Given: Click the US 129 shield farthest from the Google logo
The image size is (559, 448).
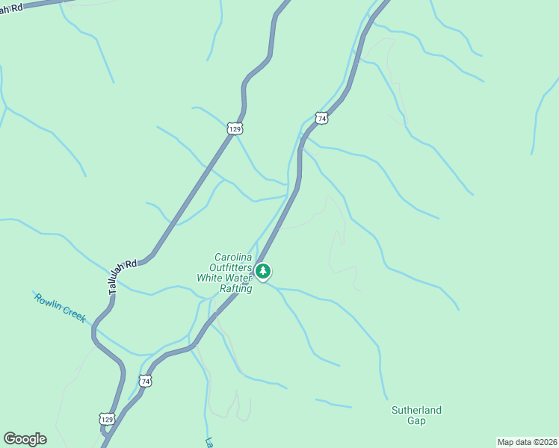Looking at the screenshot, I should point(235,129).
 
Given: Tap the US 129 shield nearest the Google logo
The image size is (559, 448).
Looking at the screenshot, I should point(108,419).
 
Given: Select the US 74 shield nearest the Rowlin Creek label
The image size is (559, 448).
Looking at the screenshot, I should point(145,381).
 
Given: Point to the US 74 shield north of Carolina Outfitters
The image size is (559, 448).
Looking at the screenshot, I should point(321,118).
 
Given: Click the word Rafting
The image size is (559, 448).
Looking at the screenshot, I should point(235,288).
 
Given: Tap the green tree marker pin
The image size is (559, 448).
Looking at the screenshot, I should point(262,272).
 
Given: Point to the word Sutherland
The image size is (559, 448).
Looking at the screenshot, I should point(416,410).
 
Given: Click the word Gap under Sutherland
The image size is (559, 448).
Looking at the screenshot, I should point(416,420).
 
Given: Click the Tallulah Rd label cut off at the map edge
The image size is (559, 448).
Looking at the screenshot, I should point(22,7).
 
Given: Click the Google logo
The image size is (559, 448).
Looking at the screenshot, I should point(25,439).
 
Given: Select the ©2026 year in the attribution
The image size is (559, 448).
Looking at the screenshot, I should point(543,442).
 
